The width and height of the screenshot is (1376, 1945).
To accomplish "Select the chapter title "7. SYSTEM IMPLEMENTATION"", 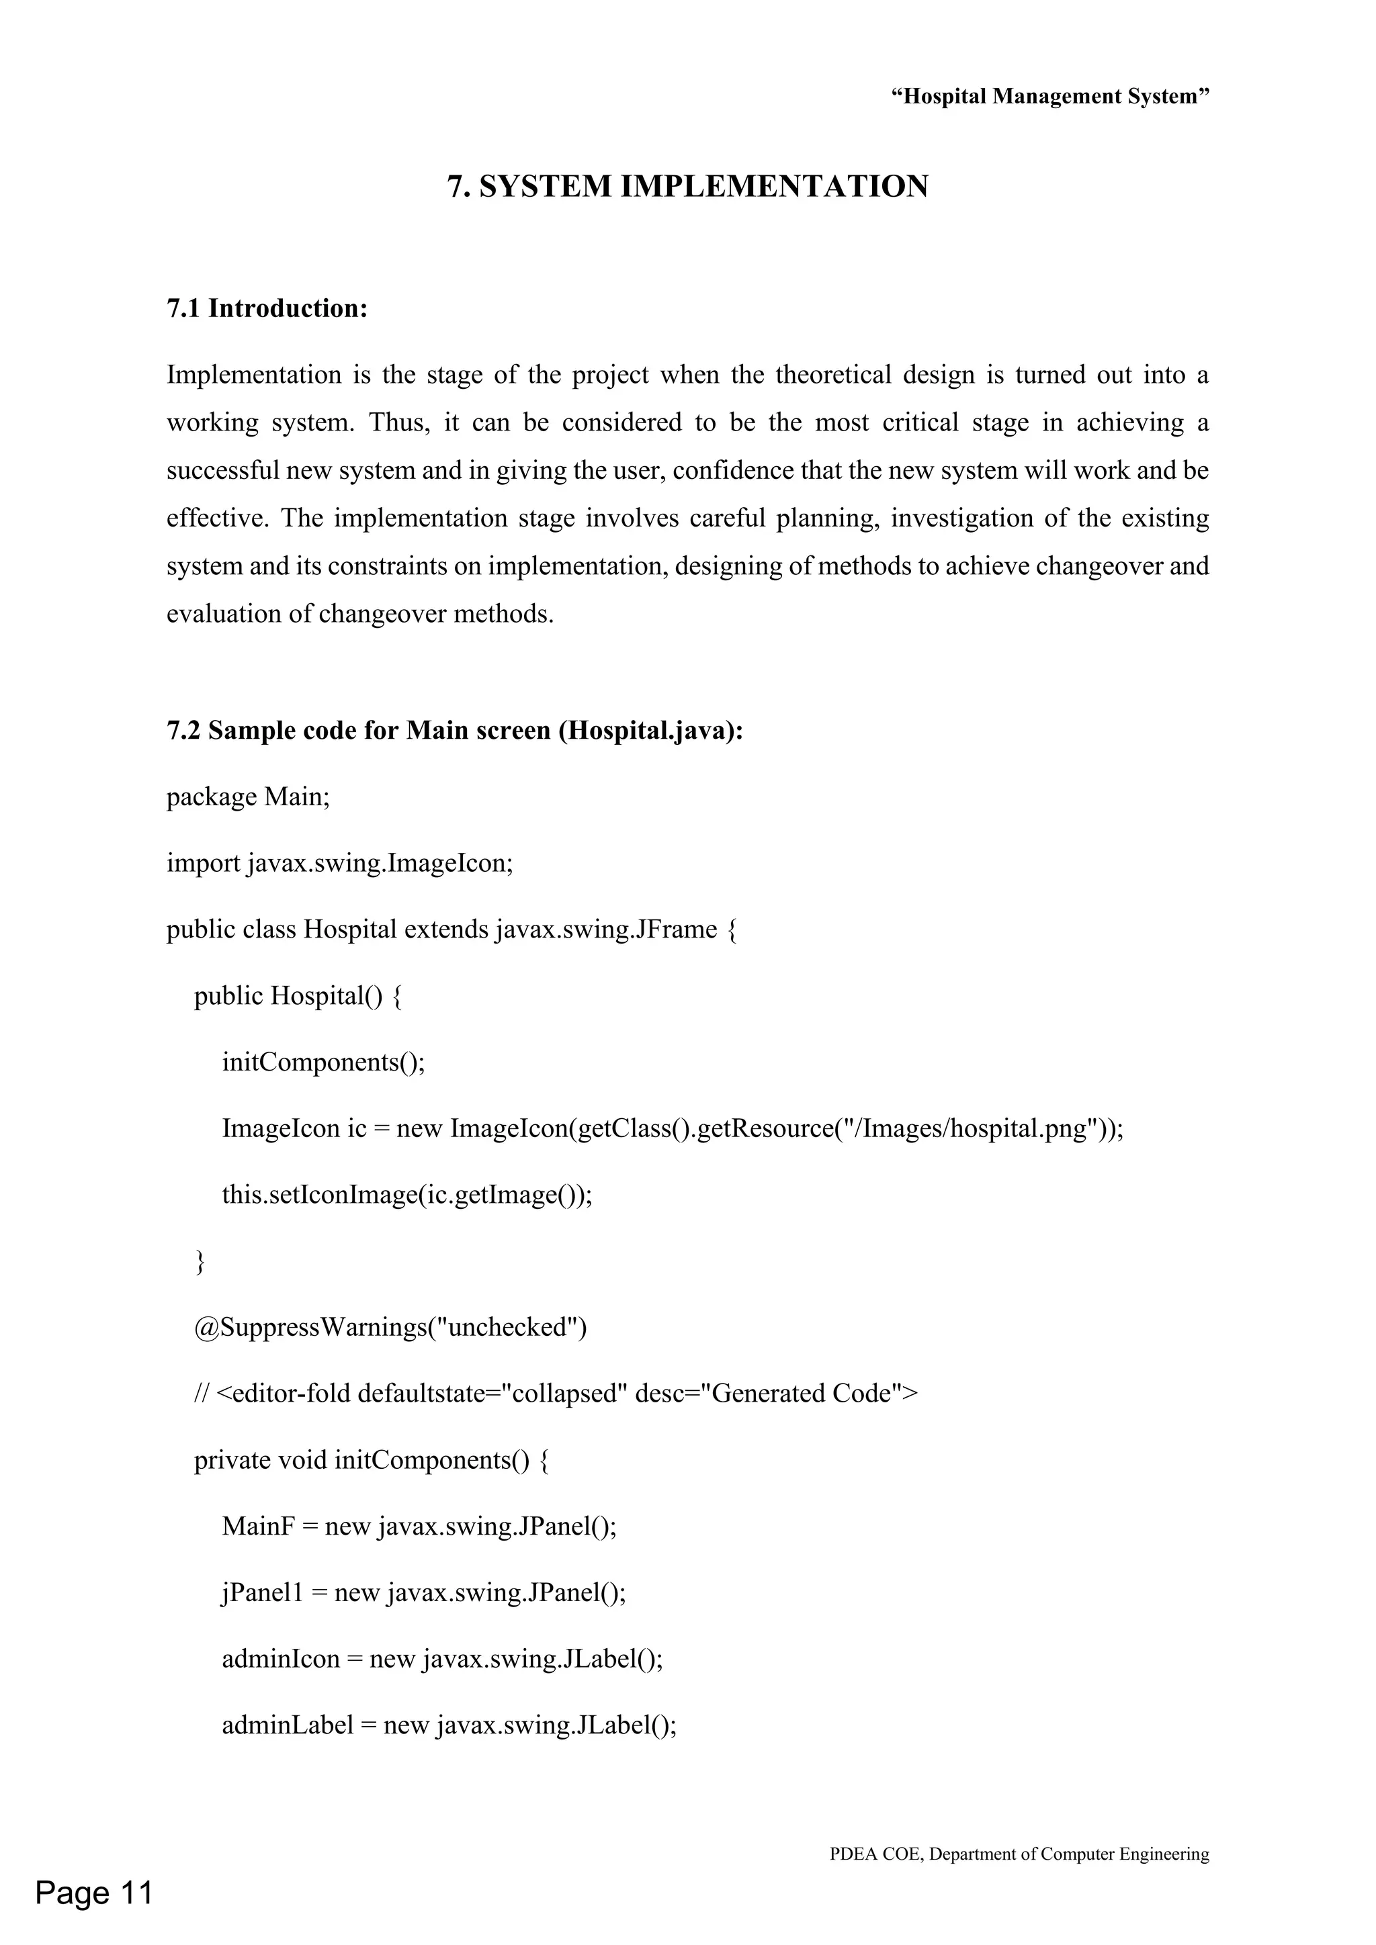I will (687, 186).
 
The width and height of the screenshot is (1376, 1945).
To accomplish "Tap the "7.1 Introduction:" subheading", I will (267, 308).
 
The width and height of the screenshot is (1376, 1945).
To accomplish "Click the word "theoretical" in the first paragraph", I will (833, 375).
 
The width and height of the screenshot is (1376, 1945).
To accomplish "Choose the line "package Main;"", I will (247, 797).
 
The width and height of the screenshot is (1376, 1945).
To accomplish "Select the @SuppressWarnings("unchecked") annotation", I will (390, 1327).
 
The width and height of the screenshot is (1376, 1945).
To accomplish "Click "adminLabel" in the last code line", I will (288, 1725).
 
